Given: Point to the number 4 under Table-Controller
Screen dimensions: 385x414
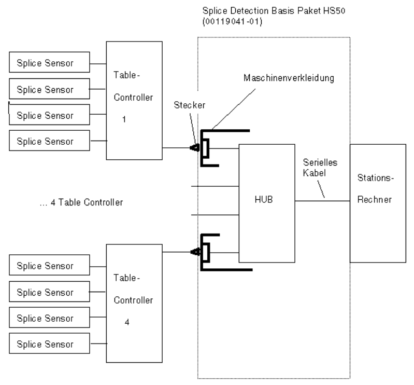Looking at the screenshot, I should (x=126, y=321).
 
